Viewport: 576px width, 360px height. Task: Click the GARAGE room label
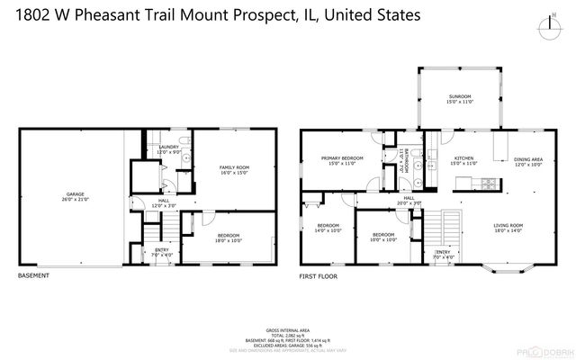[75, 194]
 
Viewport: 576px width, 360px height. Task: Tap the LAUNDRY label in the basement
[168, 148]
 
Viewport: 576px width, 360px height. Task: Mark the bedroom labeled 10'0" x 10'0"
[383, 236]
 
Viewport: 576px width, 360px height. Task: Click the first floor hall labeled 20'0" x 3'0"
[409, 201]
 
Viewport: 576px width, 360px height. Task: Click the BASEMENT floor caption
[33, 276]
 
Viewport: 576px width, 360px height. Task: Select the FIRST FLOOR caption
[318, 276]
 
